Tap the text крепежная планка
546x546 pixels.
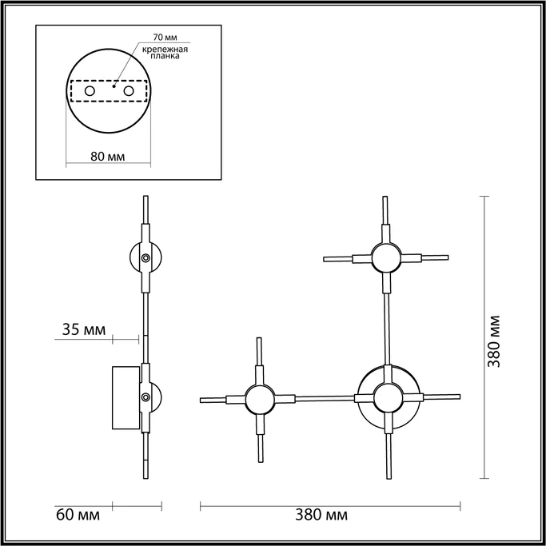[165, 53]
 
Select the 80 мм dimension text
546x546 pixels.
[107, 156]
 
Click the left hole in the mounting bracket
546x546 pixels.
[90, 92]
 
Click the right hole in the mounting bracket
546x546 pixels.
[127, 92]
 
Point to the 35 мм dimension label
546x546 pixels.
[83, 329]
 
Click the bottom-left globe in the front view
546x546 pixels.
[259, 398]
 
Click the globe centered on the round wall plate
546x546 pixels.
[387, 397]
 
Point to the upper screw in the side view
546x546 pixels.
[145, 258]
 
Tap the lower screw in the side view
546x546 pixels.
[145, 397]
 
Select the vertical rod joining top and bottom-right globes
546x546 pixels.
[386, 328]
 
